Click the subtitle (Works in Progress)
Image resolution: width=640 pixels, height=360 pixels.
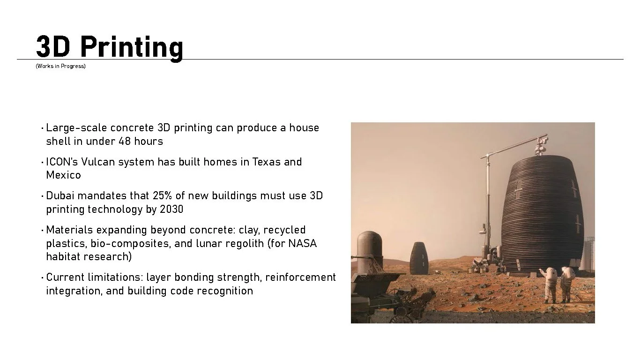click(x=60, y=66)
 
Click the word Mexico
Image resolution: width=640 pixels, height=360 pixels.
click(x=63, y=175)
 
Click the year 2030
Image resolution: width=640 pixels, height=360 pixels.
click(x=171, y=209)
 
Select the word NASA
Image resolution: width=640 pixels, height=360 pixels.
click(x=302, y=243)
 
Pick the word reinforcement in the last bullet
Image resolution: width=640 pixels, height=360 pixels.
click(x=300, y=277)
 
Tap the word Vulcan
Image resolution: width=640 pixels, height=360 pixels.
click(x=98, y=162)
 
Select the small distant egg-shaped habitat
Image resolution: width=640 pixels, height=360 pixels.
click(x=418, y=258)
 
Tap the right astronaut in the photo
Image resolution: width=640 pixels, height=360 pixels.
click(x=566, y=284)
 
